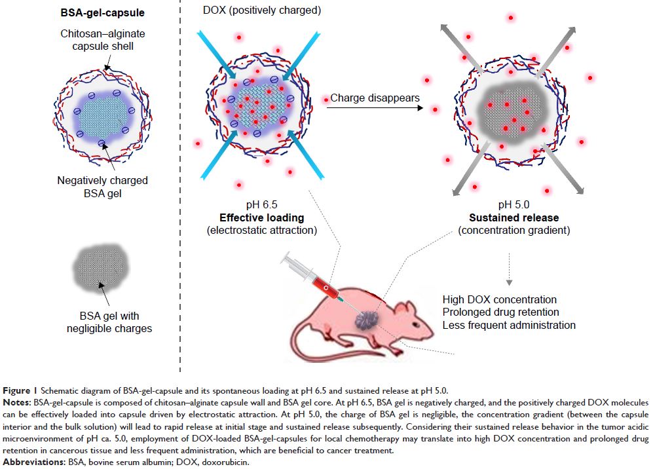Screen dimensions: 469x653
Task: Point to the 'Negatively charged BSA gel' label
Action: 102,186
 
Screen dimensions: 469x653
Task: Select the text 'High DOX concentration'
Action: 499,300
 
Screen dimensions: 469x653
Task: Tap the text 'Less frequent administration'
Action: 509,325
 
